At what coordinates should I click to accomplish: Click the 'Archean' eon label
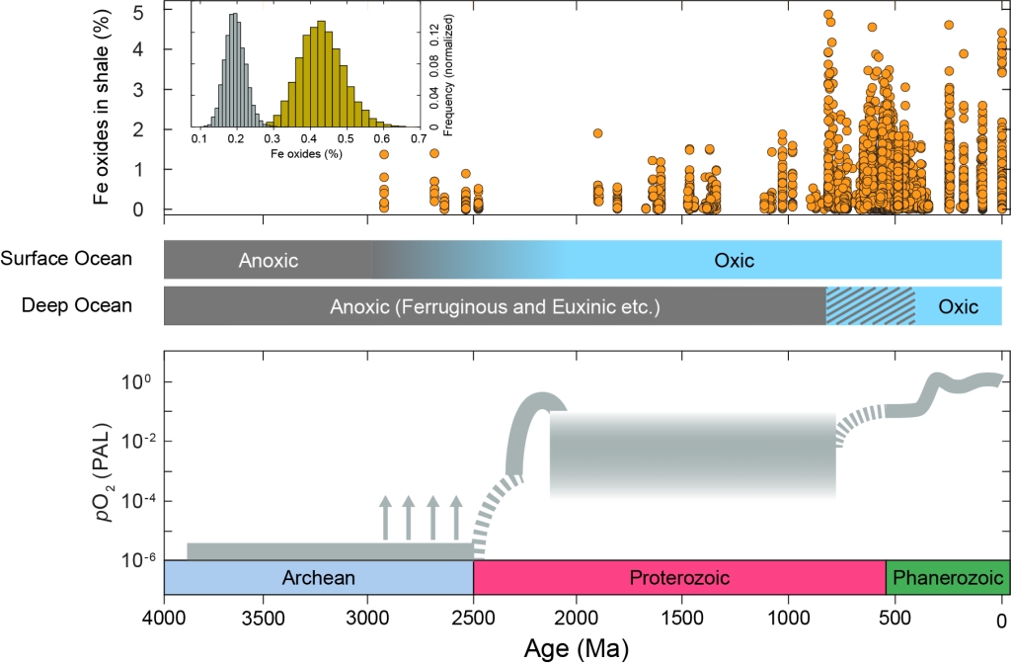(x=318, y=578)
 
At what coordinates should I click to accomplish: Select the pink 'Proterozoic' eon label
(x=679, y=578)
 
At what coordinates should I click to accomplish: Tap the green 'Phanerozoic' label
(x=948, y=578)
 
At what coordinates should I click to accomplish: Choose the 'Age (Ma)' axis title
(x=582, y=649)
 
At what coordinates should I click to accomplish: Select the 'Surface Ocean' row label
(x=66, y=259)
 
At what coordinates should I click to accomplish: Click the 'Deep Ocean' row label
(x=77, y=305)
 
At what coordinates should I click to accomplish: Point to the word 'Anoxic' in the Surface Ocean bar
(x=268, y=261)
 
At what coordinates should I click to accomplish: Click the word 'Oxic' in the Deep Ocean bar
(x=958, y=306)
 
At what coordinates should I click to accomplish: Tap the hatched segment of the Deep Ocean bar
(x=870, y=306)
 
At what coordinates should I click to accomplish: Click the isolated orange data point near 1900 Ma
(x=597, y=133)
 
